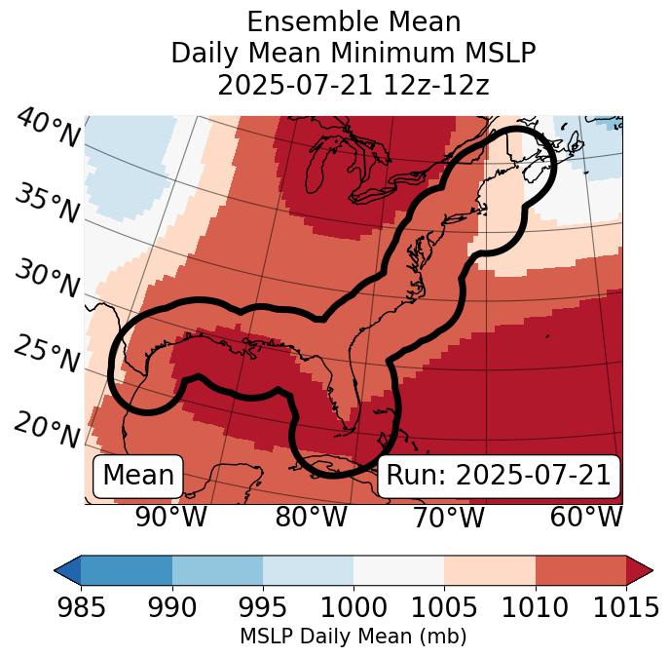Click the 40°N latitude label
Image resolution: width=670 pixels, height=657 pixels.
pyautogui.click(x=47, y=129)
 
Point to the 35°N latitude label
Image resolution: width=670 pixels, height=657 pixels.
pyautogui.click(x=47, y=204)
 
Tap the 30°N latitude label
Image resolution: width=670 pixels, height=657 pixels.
pyautogui.click(x=47, y=280)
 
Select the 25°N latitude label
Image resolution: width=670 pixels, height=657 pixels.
pyautogui.click(x=47, y=355)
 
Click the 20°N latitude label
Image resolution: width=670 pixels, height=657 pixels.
pyautogui.click(x=47, y=429)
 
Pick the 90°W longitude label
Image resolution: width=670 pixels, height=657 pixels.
pyautogui.click(x=171, y=518)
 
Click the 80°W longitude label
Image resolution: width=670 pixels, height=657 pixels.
pyautogui.click(x=311, y=518)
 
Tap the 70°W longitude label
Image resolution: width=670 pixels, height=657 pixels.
pyautogui.click(x=449, y=518)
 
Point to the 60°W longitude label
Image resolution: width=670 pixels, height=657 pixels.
pyautogui.click(x=586, y=518)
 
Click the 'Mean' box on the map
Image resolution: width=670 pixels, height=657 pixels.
pyautogui.click(x=138, y=476)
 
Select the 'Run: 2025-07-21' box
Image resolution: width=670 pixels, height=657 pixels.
pyautogui.click(x=499, y=476)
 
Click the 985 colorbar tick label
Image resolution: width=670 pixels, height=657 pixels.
pyautogui.click(x=81, y=608)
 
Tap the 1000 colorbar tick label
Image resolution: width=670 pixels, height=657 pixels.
pyautogui.click(x=354, y=608)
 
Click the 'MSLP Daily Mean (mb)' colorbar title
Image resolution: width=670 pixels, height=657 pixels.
pyautogui.click(x=354, y=638)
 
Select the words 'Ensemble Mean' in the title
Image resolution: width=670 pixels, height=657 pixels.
pyautogui.click(x=354, y=21)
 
